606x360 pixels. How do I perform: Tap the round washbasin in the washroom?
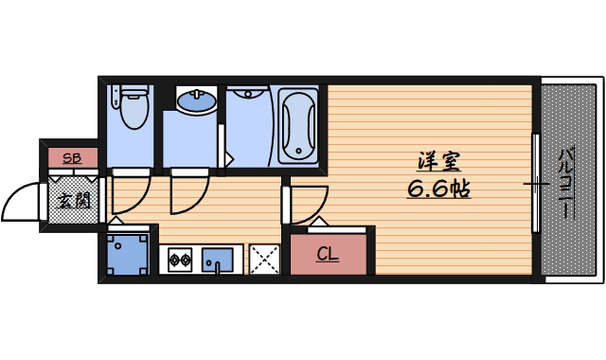click(196, 99)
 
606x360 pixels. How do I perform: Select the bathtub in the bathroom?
click(300, 125)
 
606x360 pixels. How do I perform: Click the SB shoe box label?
click(70, 158)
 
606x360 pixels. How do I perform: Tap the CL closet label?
click(328, 254)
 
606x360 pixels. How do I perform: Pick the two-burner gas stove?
click(178, 259)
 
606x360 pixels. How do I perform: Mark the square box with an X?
click(264, 259)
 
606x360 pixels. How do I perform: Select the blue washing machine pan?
click(126, 254)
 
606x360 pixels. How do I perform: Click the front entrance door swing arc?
click(21, 201)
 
